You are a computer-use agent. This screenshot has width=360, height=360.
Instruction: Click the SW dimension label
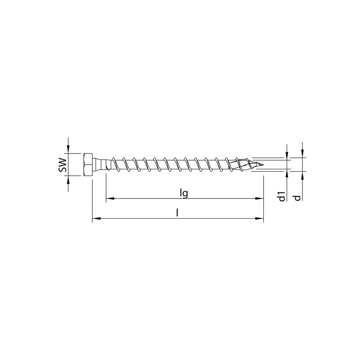point(62,164)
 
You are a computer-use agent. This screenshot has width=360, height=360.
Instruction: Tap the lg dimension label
point(182,193)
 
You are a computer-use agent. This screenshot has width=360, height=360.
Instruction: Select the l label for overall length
point(178,213)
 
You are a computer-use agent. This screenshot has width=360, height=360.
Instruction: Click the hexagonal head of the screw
point(89,164)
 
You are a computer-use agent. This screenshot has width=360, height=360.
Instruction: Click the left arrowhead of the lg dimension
point(109,198)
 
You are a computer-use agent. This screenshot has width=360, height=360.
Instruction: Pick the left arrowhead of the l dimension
point(96,218)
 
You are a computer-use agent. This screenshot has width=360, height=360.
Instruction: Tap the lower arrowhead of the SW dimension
point(68,179)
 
